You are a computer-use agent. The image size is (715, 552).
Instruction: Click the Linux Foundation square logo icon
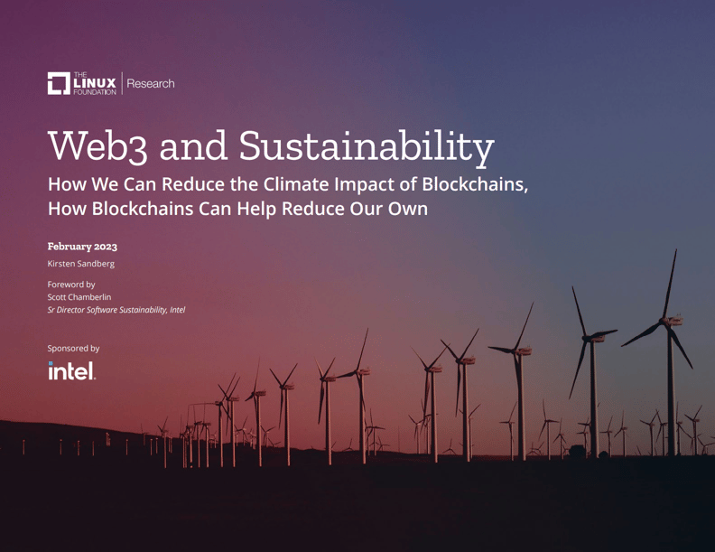point(59,83)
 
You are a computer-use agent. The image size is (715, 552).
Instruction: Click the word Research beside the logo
point(151,83)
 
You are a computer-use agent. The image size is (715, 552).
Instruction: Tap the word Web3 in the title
point(97,146)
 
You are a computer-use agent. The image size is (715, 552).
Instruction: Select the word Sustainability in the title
point(367,147)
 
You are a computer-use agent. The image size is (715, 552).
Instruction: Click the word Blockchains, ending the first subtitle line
point(475,184)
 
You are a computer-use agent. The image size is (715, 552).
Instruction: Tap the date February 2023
point(82,247)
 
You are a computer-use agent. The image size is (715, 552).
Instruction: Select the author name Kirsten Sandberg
point(80,264)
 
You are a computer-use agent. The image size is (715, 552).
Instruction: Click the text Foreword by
point(71,285)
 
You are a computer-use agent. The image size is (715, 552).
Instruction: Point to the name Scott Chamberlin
point(79,297)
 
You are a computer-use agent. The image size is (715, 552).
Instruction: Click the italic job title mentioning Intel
point(116,310)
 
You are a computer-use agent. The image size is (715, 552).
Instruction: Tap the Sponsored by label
point(73,349)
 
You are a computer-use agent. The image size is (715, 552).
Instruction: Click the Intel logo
point(72,370)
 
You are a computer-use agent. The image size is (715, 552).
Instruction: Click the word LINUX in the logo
point(95,83)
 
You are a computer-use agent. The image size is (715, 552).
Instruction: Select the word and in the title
point(193,147)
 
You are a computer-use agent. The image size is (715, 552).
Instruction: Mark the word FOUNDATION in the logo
point(95,91)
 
